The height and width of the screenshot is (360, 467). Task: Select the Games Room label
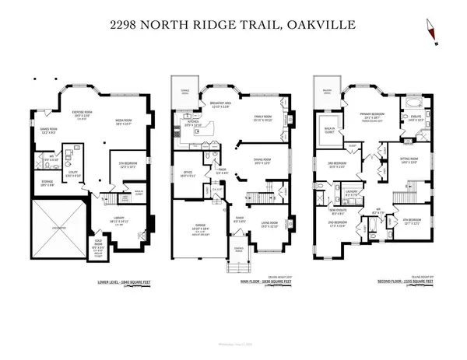point(46,131)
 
